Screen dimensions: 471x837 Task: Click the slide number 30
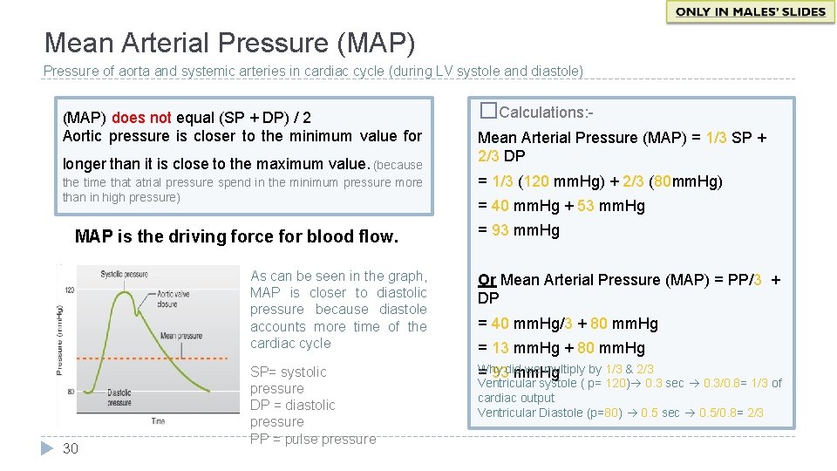(x=71, y=448)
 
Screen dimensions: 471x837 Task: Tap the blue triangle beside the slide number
(x=47, y=448)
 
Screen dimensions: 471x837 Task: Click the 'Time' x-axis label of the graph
(x=158, y=421)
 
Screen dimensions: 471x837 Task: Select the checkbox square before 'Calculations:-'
(x=488, y=111)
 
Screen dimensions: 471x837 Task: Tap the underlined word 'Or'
(x=487, y=280)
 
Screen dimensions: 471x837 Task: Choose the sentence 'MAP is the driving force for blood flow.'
(x=236, y=236)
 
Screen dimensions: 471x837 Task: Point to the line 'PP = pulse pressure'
(x=313, y=439)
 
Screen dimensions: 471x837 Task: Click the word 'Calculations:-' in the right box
(x=547, y=112)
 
